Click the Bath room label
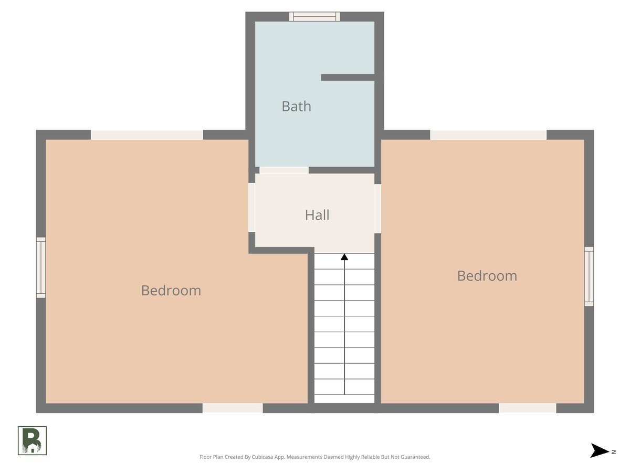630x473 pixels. click(x=296, y=106)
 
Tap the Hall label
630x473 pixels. click(x=317, y=215)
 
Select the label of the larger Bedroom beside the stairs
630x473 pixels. click(x=171, y=290)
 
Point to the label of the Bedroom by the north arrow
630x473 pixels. click(x=487, y=276)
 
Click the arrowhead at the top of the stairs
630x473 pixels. click(x=344, y=257)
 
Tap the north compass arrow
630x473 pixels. click(x=600, y=450)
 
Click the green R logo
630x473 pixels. click(x=32, y=440)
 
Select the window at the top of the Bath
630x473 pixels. click(x=314, y=16)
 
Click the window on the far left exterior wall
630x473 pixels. click(x=41, y=268)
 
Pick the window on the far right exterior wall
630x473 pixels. click(x=589, y=276)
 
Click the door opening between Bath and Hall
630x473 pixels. click(x=284, y=170)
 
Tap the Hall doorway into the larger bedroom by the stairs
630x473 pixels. click(x=251, y=208)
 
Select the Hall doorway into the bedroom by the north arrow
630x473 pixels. click(x=377, y=209)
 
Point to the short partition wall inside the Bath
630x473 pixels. click(x=348, y=77)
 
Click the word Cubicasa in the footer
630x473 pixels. click(x=262, y=457)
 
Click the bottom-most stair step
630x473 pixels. click(x=344, y=398)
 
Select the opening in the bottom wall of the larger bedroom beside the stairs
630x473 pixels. click(x=233, y=408)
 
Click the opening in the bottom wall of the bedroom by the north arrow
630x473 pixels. click(x=528, y=408)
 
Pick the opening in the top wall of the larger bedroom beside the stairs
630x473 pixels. click(x=147, y=135)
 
